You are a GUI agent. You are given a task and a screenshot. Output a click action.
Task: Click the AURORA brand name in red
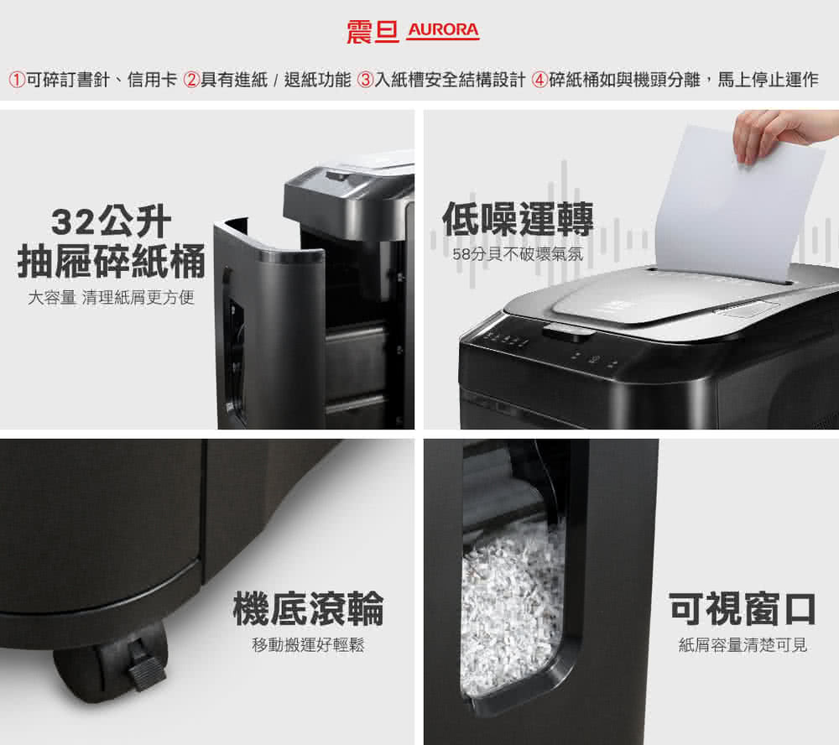click(443, 31)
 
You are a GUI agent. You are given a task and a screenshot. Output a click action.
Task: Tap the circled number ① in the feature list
click(16, 81)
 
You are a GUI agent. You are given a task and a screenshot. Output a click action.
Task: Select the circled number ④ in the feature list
click(540, 81)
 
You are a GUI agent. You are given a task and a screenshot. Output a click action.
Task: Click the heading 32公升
click(111, 222)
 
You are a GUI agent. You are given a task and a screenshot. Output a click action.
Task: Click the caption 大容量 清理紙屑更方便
click(111, 297)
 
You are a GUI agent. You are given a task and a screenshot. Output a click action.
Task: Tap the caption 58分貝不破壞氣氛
click(517, 254)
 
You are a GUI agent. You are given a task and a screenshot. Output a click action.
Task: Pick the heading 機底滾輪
click(308, 608)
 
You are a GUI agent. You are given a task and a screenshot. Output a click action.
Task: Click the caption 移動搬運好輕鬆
click(308, 645)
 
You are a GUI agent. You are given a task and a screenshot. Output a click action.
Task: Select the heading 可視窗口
click(742, 608)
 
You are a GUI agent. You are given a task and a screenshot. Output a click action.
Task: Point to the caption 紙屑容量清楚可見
click(742, 645)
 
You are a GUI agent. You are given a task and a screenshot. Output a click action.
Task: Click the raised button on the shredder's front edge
click(568, 332)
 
